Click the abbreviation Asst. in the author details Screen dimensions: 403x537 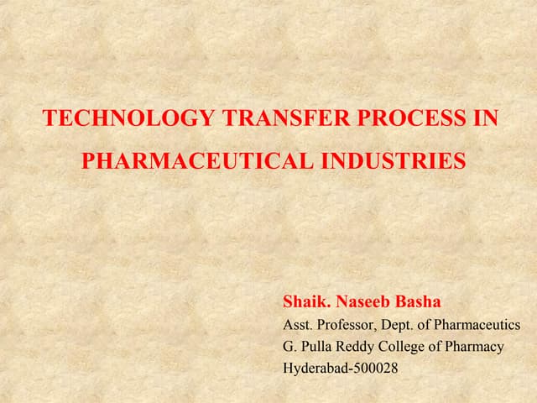click(x=298, y=324)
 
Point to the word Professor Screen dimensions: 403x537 click(x=348, y=324)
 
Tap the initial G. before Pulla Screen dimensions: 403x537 click(x=289, y=346)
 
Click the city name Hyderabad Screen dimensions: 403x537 click(x=315, y=368)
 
